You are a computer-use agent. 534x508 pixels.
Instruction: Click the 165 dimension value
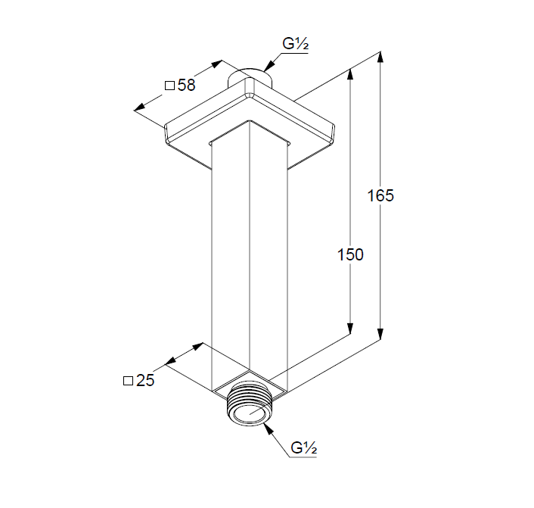[x=380, y=195]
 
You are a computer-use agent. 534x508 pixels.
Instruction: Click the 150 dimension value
[x=350, y=254]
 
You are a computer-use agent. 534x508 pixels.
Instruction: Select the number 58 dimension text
[x=186, y=85]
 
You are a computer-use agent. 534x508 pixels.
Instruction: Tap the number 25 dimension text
[x=145, y=380]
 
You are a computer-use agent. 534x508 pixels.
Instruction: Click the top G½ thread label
[x=295, y=44]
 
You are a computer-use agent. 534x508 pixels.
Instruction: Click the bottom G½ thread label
[x=304, y=447]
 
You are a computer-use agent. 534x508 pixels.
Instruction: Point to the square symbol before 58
[x=169, y=86]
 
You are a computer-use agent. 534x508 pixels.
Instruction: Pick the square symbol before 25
[x=128, y=381]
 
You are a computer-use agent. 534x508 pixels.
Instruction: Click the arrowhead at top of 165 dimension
[x=380, y=57]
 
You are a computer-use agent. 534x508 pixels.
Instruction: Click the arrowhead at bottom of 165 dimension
[x=380, y=335]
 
